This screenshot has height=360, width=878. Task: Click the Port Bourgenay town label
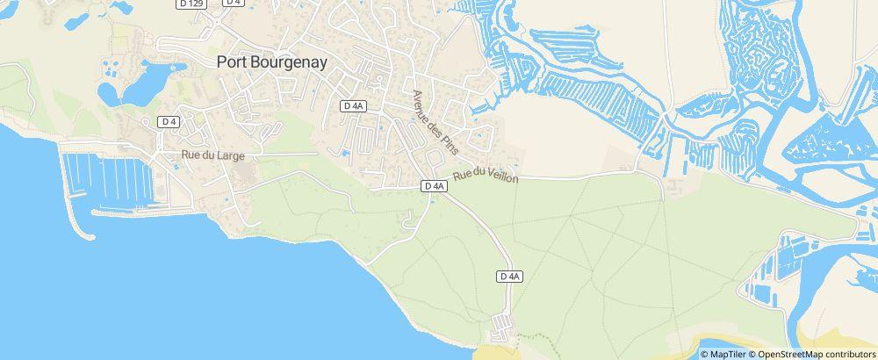click(272, 62)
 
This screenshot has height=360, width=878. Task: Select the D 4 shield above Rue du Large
click(169, 121)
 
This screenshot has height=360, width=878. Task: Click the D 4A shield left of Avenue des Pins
click(353, 106)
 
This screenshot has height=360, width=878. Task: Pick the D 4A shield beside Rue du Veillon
click(435, 186)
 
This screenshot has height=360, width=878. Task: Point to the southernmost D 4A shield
click(510, 277)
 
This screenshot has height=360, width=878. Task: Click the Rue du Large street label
click(212, 155)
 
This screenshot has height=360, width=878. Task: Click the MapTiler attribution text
click(728, 354)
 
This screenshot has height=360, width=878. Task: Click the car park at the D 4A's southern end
click(501, 327)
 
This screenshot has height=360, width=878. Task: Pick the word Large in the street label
click(230, 155)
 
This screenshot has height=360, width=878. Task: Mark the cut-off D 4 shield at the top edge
click(233, 3)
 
